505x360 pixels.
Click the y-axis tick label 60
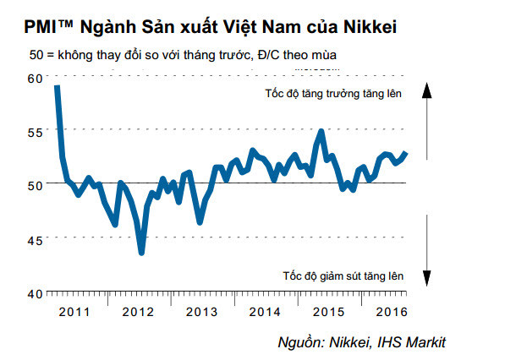click(34, 78)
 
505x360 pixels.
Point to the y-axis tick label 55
click(34, 132)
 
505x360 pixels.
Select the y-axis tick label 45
click(34, 239)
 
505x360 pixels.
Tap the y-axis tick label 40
click(34, 293)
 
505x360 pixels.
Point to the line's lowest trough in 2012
click(141, 253)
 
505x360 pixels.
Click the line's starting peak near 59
click(57, 86)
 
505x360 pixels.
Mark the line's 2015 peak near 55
click(321, 132)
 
